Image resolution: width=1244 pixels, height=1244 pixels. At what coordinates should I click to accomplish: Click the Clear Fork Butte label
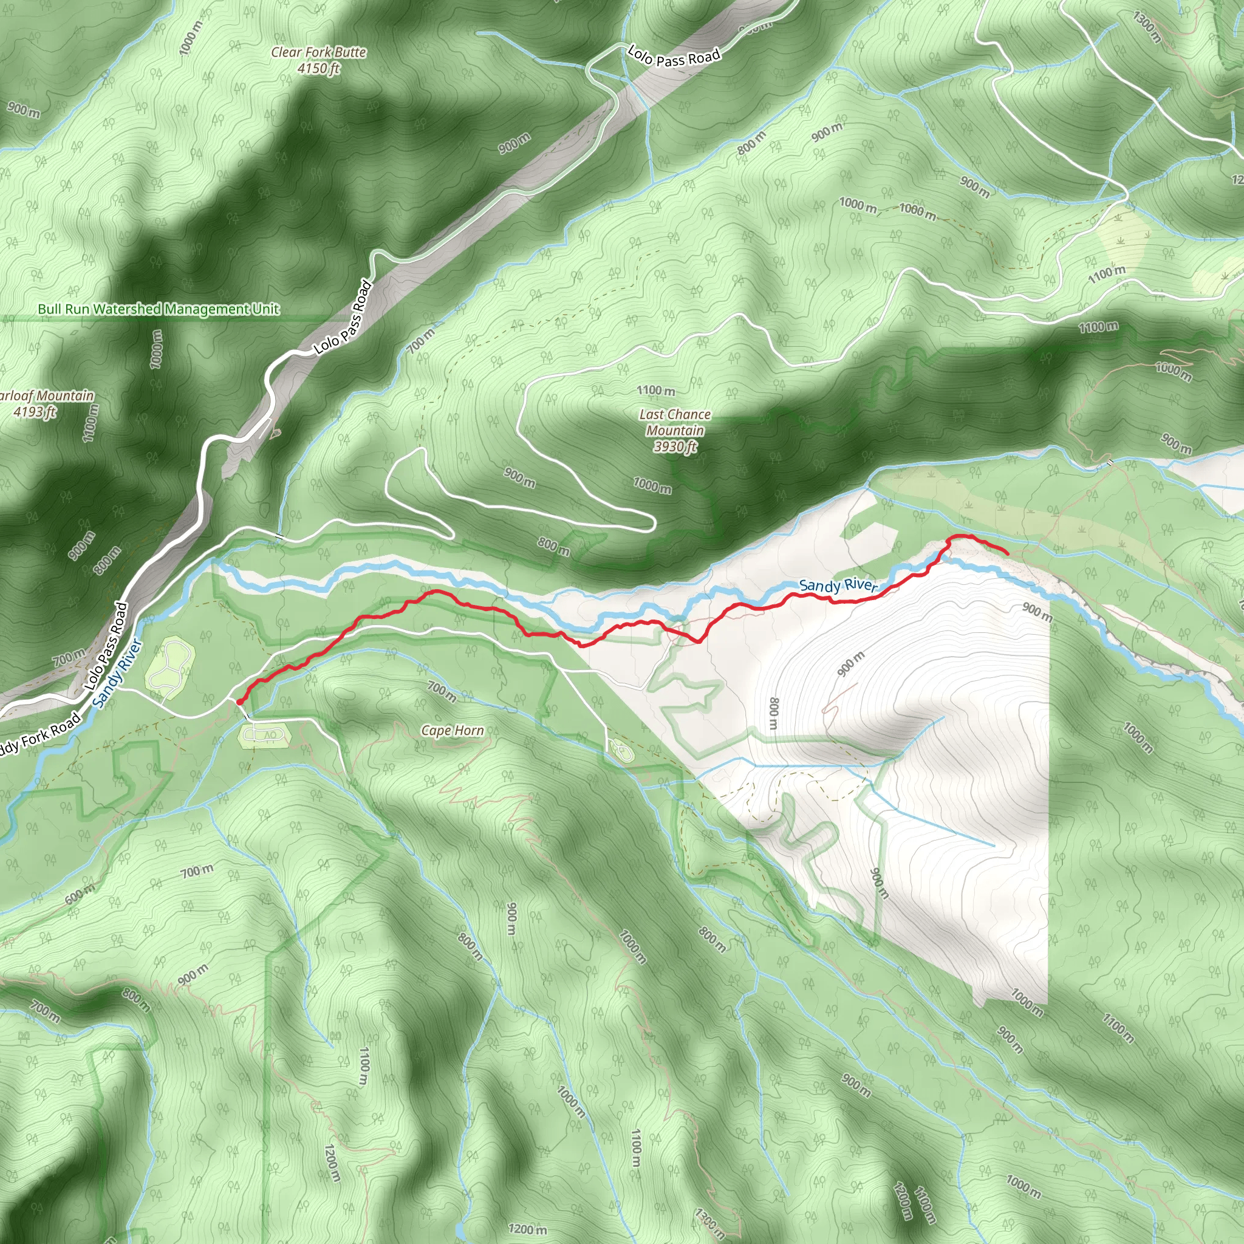(x=318, y=52)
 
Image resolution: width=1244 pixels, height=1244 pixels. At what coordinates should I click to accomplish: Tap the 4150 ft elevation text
(x=318, y=68)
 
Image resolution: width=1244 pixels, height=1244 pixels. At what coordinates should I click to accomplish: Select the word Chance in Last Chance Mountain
(x=688, y=415)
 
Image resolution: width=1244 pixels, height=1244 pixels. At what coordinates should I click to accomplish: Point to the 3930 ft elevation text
(x=675, y=446)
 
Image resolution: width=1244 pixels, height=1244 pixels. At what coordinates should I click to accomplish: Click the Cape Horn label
(x=452, y=730)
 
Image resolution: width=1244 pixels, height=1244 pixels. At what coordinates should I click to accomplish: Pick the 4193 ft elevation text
(x=35, y=411)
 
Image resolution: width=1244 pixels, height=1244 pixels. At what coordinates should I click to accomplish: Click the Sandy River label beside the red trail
(x=838, y=585)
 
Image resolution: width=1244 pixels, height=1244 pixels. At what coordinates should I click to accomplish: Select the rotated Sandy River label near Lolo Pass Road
(x=117, y=673)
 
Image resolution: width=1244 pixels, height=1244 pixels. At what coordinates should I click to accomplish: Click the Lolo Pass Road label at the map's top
(x=674, y=56)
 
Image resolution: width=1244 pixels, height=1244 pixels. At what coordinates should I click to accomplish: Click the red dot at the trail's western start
(x=239, y=702)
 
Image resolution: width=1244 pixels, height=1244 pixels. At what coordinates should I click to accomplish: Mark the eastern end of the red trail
(x=1007, y=553)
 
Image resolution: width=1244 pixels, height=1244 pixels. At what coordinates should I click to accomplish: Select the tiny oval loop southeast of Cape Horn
(x=621, y=750)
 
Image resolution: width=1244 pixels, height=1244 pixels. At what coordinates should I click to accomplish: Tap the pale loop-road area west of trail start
(x=170, y=661)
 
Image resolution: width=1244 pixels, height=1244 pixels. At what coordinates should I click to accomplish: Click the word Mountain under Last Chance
(x=675, y=430)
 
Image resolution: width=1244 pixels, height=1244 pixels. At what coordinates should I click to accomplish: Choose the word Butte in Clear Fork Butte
(x=350, y=52)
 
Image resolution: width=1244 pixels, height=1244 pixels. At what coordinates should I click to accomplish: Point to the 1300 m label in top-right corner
(x=1147, y=27)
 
